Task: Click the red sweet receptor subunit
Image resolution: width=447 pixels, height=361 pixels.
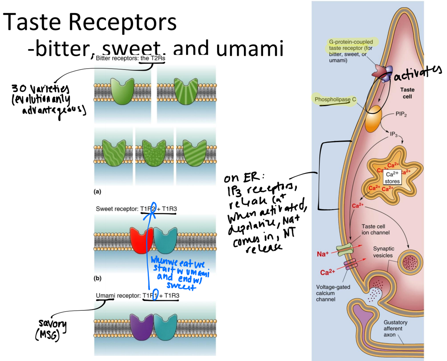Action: [141, 240]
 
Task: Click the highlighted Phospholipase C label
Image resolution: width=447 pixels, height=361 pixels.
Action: [335, 100]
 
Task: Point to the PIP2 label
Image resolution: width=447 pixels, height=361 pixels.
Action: [401, 114]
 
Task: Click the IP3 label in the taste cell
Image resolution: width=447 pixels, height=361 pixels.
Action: [393, 135]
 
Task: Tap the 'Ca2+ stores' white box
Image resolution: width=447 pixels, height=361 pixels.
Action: [392, 178]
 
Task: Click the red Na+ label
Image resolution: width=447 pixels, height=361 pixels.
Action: [322, 254]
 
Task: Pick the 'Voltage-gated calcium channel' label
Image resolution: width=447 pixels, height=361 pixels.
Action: [333, 293]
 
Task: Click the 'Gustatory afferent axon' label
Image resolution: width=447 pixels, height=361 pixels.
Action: [395, 328]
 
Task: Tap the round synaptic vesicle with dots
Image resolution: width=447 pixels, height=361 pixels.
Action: [410, 262]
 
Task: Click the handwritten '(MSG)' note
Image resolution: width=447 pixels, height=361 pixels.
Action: [47, 335]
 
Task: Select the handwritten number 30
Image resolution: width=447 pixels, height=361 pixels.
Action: [19, 88]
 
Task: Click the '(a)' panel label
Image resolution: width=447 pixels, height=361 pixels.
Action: [97, 192]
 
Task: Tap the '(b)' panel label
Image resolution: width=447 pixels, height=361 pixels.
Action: [97, 278]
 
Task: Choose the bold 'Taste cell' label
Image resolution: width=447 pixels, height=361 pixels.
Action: [407, 93]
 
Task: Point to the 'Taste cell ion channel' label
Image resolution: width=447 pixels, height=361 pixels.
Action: [375, 229]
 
